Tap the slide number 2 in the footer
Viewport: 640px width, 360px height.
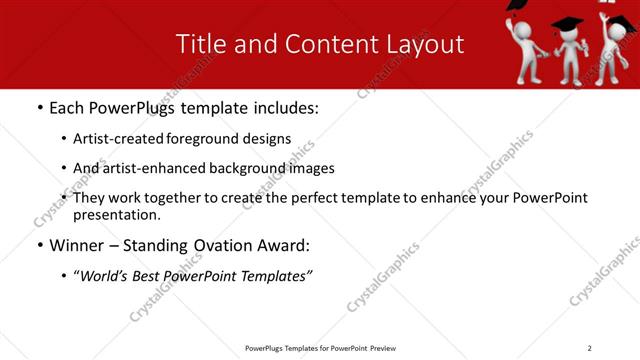589,348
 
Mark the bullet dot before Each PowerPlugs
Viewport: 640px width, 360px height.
39,108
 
